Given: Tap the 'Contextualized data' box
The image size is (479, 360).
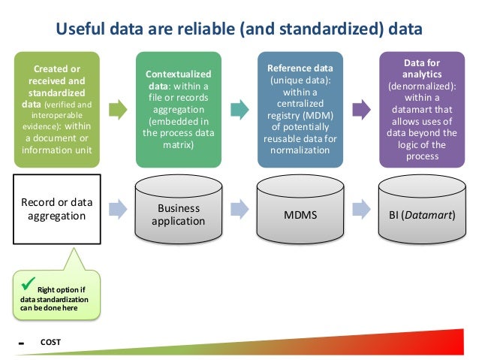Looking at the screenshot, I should coord(178,108).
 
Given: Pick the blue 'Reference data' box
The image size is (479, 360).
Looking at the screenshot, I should coord(300,108).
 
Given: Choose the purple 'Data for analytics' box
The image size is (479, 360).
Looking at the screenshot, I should coord(421,108).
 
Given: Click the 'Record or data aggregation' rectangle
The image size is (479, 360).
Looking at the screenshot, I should coord(56,210).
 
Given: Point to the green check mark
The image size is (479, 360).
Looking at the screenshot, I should coord(28,285).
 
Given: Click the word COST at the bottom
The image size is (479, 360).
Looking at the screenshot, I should coord(51,343).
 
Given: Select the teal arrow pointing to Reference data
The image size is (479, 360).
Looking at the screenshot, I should coord(238,110).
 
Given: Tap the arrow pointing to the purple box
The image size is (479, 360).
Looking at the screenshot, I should coord(360,110).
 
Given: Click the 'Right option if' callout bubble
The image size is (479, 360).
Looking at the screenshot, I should coord(56,295).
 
